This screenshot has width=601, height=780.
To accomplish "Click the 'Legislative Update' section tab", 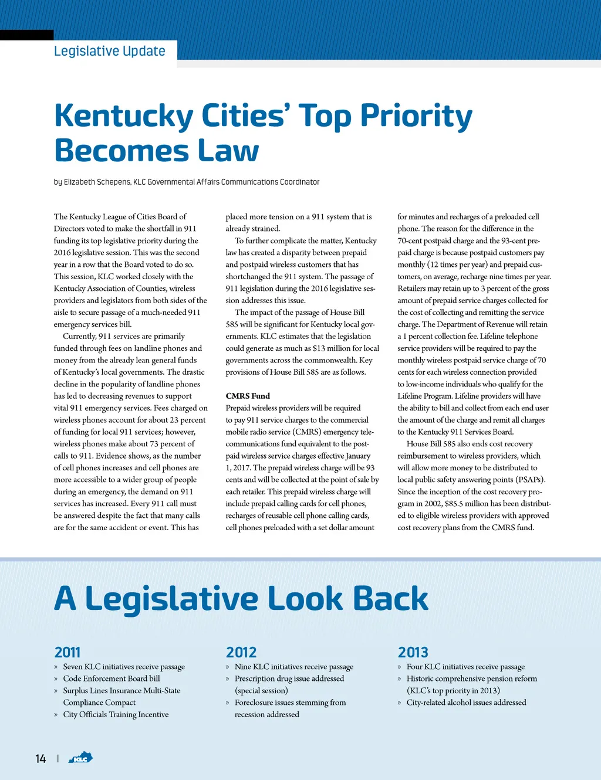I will pos(110,52).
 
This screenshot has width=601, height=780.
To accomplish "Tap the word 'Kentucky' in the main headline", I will pos(123,116).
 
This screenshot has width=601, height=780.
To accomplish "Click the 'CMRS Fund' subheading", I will pos(248,396).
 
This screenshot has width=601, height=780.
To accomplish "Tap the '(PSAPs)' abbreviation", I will pos(531,480).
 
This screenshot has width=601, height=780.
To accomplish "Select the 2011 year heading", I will pos(67,652).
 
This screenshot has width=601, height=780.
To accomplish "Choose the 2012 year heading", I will pos(241,652).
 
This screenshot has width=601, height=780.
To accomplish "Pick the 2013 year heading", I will pos(413,652).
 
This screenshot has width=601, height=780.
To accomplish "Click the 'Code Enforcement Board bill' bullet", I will pos(112,679).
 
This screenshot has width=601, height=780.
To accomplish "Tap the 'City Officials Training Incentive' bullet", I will pos(116,714).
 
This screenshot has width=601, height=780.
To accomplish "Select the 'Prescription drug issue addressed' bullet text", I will pos(289,679).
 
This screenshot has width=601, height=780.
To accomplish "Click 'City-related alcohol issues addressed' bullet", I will pos(466,703).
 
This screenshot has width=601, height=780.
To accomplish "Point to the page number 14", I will pos(40,759).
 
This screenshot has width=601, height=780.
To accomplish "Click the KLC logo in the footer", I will pos(80,758).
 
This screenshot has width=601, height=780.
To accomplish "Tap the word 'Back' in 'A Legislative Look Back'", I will pos(391,599).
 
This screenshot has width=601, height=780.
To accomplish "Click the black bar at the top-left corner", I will pos(26,35).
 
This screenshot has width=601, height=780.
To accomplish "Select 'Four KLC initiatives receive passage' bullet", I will pos(465,667).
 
